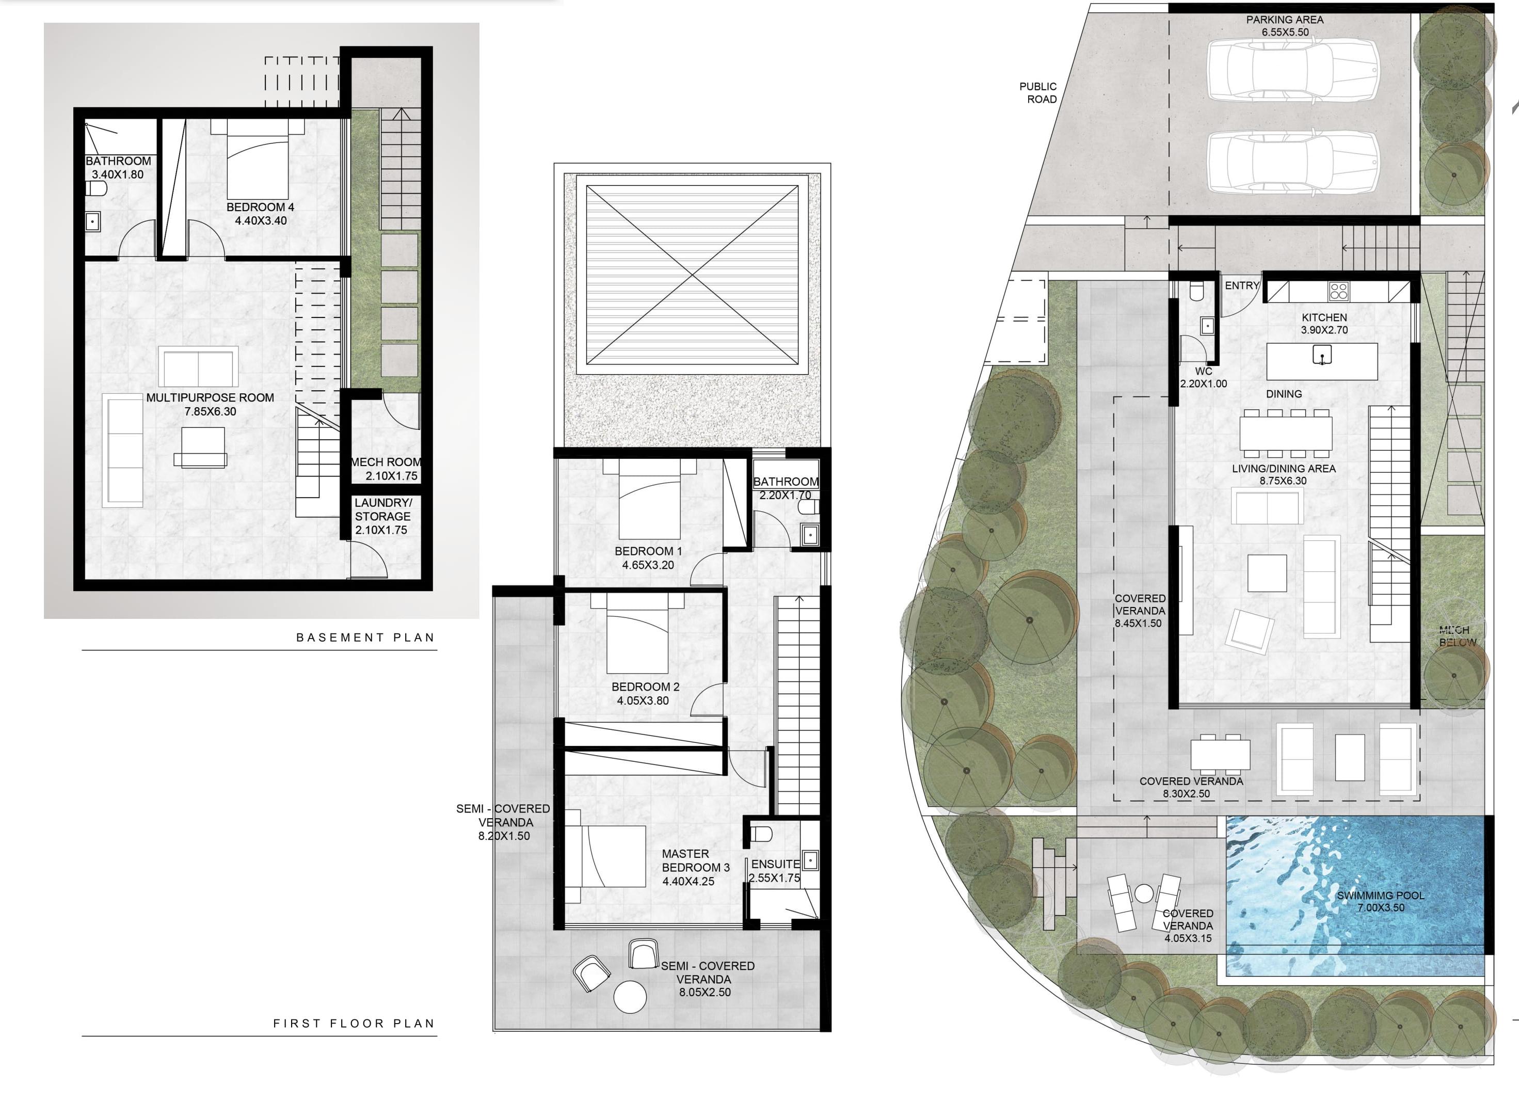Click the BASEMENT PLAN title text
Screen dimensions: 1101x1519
pyautogui.click(x=365, y=637)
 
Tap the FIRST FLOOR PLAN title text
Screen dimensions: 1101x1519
pyautogui.click(x=354, y=1023)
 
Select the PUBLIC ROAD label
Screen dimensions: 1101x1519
pyautogui.click(x=1038, y=93)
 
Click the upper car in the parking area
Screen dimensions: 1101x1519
pyautogui.click(x=1292, y=70)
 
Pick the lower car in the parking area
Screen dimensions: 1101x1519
pyautogui.click(x=1292, y=162)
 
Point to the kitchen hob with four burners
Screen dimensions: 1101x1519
pyautogui.click(x=1339, y=291)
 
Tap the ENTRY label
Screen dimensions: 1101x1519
pyautogui.click(x=1242, y=286)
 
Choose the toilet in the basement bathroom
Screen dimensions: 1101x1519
pyautogui.click(x=96, y=189)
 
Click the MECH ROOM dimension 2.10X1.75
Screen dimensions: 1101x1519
pyautogui.click(x=391, y=476)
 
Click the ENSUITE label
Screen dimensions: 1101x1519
pyautogui.click(x=775, y=865)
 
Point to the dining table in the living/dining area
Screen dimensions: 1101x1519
pyautogui.click(x=1285, y=433)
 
